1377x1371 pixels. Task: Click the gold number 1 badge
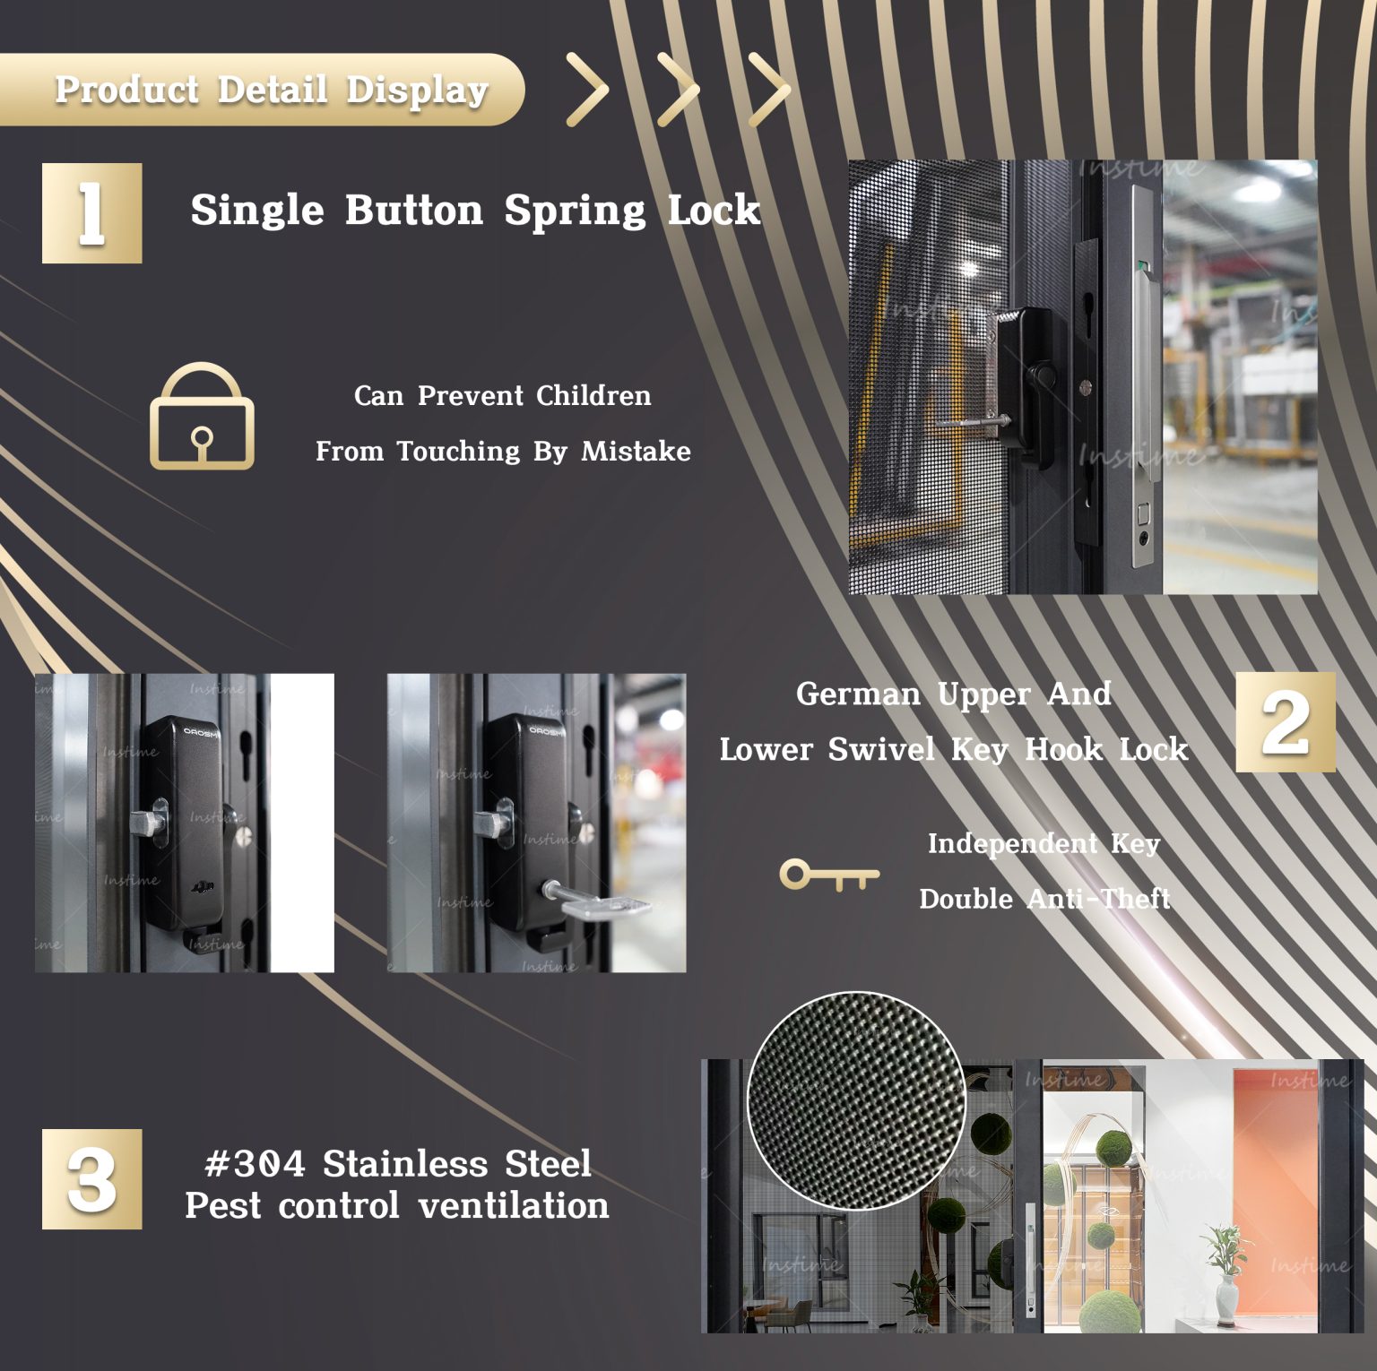point(91,213)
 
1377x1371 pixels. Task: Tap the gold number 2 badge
point(1285,722)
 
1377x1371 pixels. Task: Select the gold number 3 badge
point(91,1179)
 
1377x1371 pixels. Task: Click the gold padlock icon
point(202,418)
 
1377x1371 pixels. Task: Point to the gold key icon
point(828,875)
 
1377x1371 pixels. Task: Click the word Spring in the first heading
point(574,211)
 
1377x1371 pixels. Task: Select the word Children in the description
point(593,395)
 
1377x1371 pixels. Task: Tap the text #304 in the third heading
point(255,1164)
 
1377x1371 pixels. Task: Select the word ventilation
point(514,1206)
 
